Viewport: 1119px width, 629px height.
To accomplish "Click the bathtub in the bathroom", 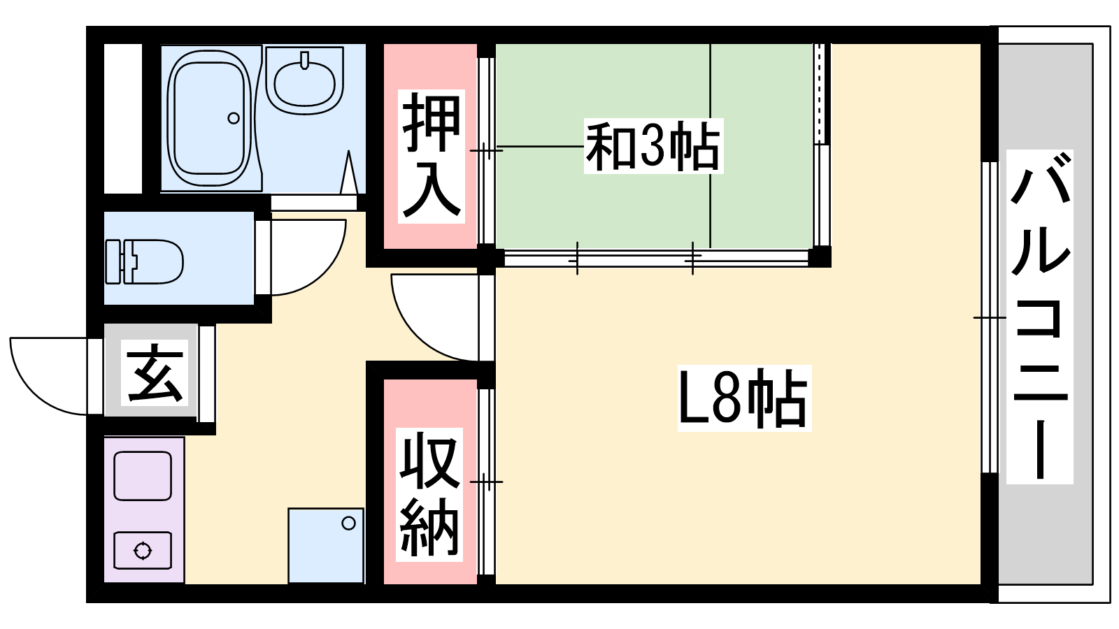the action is pos(210,119).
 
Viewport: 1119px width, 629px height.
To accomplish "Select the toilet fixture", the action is pos(144,261).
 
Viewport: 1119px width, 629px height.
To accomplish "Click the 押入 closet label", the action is pos(431,156).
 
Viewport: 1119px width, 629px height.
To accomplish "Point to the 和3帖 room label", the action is pos(653,146).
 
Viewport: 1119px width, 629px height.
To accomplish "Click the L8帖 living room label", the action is pos(744,398).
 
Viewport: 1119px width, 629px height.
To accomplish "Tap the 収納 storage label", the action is pos(429,494).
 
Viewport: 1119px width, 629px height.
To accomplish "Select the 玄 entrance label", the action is pos(155,373).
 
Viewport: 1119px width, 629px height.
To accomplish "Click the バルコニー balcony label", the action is pos(1039,317).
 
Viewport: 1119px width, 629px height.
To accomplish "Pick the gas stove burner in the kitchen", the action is pos(143,551).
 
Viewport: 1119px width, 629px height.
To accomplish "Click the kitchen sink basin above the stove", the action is pos(143,476).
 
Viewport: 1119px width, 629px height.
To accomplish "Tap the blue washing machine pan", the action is pos(326,546).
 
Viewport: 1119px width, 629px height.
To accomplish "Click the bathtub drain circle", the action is pos(234,118).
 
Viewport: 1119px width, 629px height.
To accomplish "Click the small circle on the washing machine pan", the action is pos(349,523).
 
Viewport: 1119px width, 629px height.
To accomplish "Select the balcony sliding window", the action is pos(990,317).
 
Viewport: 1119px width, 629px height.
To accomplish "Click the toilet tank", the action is pos(113,261).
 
